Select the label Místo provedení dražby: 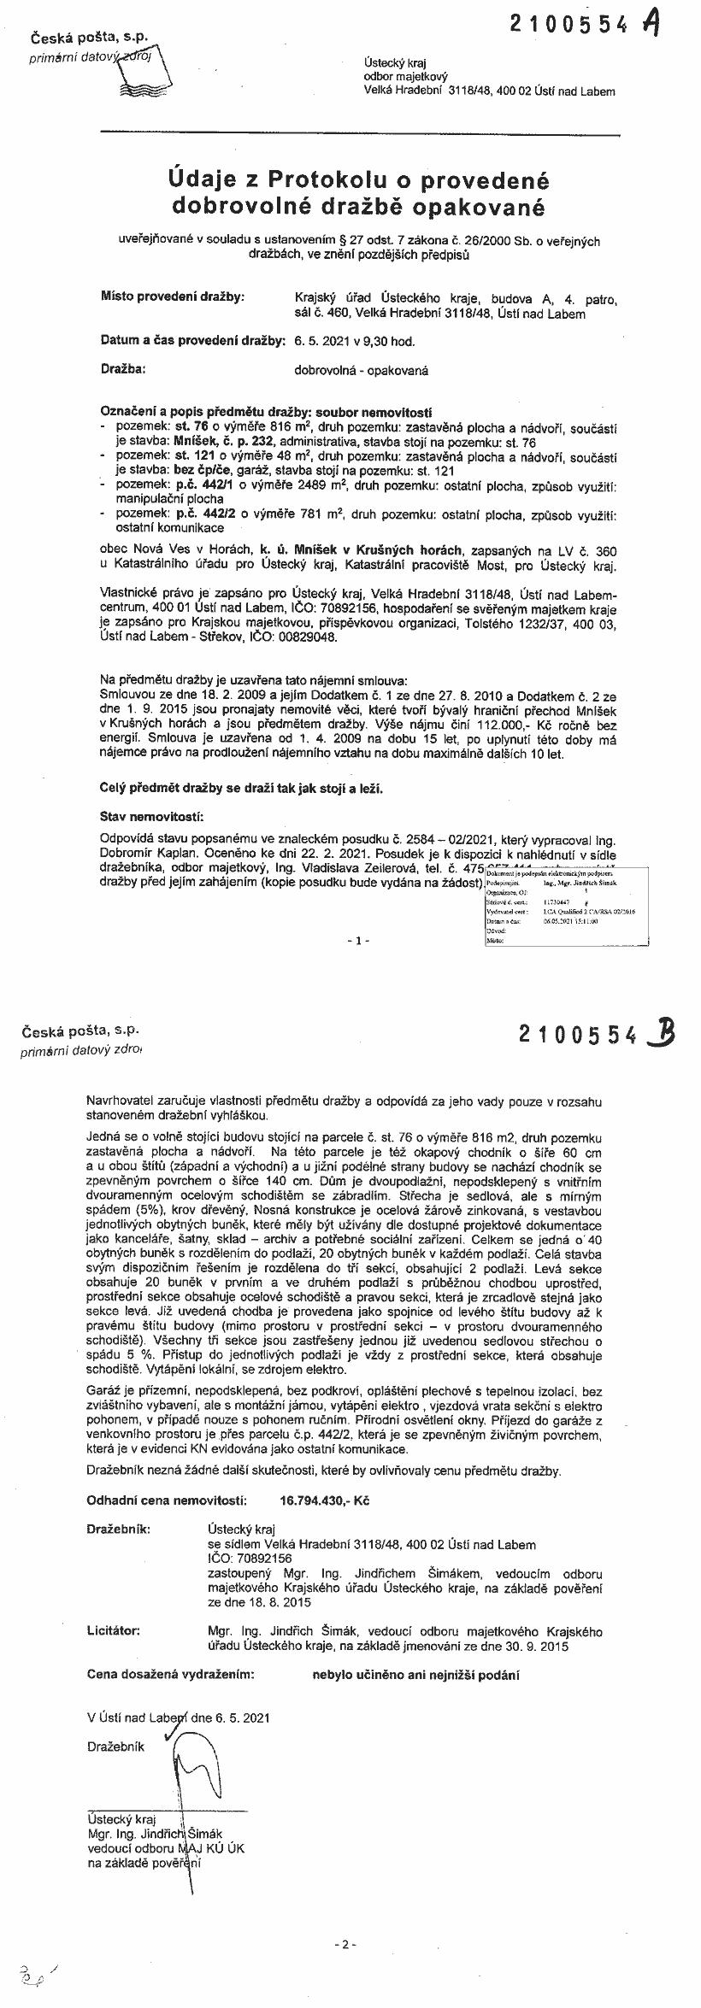(172, 297)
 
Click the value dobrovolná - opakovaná (361, 371)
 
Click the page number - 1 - (358, 940)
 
